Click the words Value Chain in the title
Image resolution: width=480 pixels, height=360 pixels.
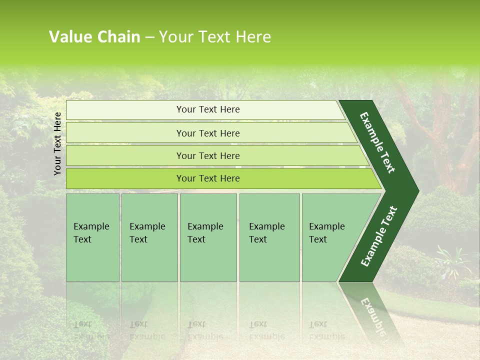click(x=94, y=37)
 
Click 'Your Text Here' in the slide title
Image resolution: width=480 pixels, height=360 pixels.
click(x=215, y=37)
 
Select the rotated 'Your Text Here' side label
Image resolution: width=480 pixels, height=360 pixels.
click(x=57, y=143)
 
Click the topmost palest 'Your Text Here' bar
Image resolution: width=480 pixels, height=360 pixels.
click(x=207, y=109)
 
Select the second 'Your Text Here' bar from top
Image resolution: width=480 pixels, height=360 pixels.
click(x=207, y=133)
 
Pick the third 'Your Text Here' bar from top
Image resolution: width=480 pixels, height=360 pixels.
click(x=207, y=155)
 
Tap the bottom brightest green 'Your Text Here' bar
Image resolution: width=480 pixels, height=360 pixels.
click(x=207, y=178)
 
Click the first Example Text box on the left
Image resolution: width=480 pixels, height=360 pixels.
click(x=92, y=237)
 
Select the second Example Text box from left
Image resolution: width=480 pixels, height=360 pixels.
click(x=149, y=237)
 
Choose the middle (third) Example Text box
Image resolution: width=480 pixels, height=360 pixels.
click(x=208, y=237)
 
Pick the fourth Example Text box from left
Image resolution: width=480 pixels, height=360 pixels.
click(x=269, y=237)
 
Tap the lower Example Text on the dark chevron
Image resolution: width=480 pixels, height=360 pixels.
click(x=379, y=236)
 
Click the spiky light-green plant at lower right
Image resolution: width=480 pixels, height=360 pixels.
click(x=452, y=260)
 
